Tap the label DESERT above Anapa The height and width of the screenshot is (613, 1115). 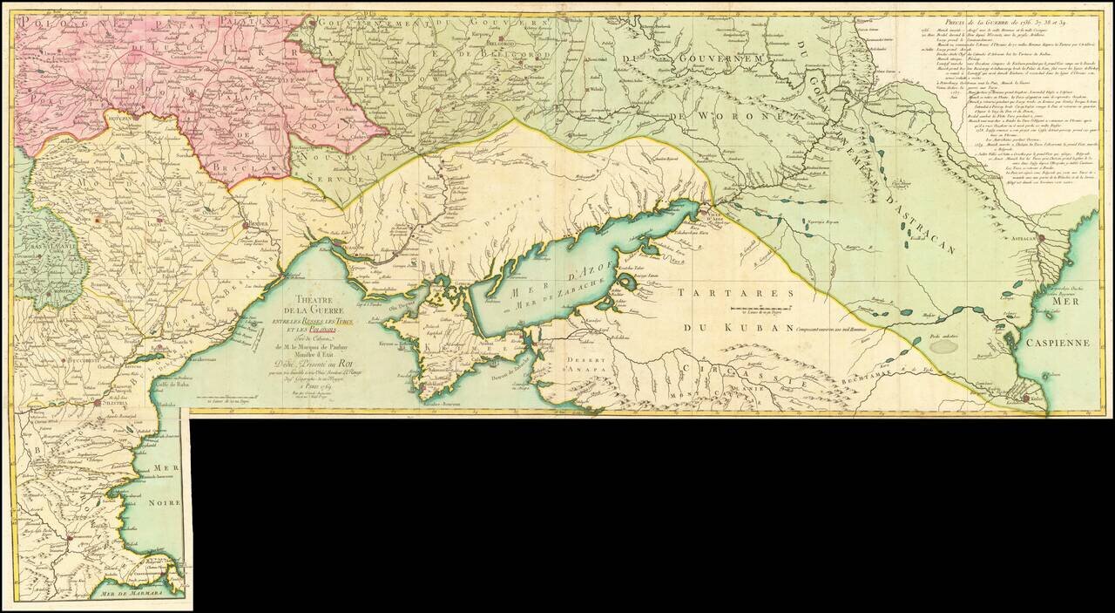578,359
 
